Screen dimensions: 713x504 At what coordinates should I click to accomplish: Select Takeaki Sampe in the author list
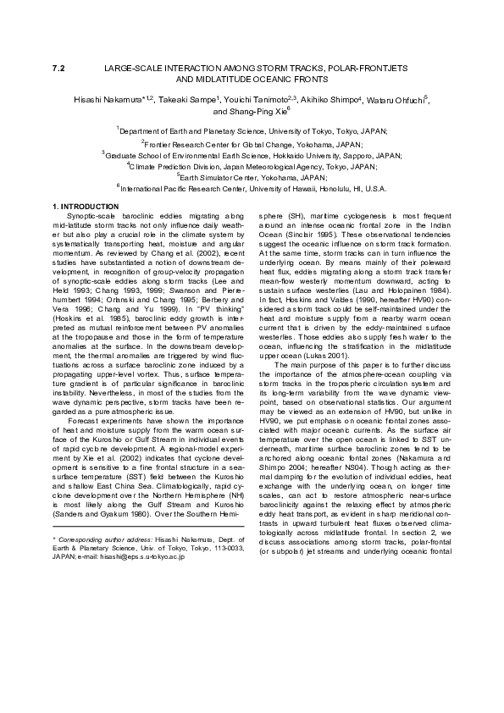pyautogui.click(x=191, y=99)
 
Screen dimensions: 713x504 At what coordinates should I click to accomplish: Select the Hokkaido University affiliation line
pyautogui.click(x=252, y=156)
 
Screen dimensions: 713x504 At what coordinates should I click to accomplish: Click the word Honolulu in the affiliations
pyautogui.click(x=324, y=189)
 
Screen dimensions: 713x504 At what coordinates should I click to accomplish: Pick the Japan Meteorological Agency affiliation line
pyautogui.click(x=251, y=167)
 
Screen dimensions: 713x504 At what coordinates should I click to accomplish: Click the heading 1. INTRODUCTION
pyautogui.click(x=86, y=207)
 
